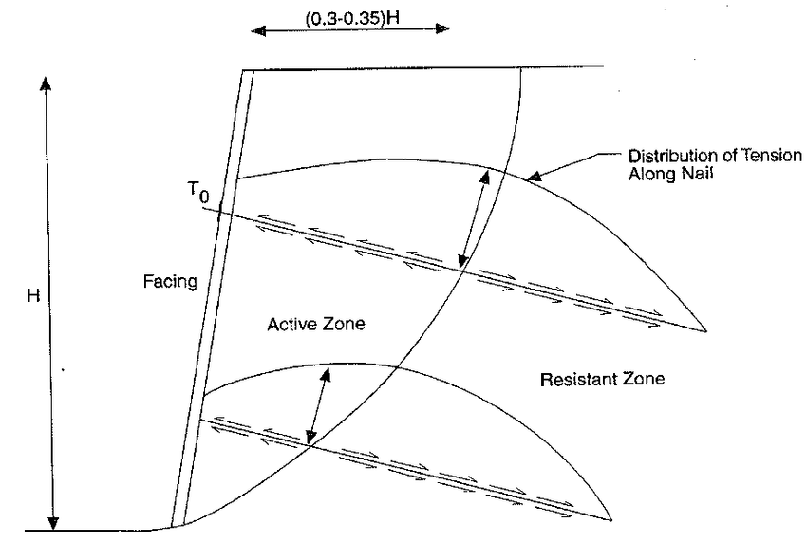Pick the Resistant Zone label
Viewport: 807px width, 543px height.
coord(602,380)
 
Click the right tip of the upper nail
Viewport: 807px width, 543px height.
coord(707,330)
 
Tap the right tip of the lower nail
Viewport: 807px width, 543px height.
coord(608,519)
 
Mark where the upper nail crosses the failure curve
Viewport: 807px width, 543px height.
coord(461,270)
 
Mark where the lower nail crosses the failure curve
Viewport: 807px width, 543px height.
coord(310,444)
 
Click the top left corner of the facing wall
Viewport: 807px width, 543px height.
coord(243,70)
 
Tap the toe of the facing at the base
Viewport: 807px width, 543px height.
coord(173,527)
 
